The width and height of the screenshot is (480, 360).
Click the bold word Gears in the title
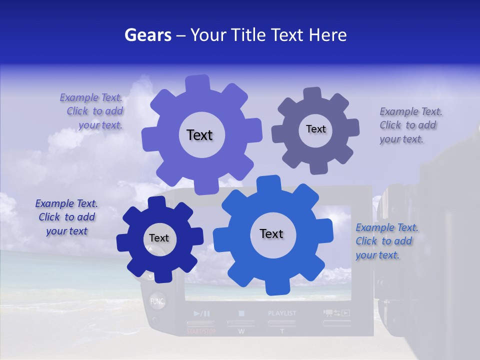point(147,35)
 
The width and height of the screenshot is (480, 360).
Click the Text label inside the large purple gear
point(199,135)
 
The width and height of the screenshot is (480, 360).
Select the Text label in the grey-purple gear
point(315,129)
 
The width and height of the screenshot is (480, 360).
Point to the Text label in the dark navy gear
point(159,238)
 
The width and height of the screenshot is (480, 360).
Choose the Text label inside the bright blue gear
point(271,233)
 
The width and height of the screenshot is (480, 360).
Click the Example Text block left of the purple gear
point(91,111)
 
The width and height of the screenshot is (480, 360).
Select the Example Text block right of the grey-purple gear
point(410,125)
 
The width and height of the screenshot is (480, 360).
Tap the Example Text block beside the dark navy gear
point(66,217)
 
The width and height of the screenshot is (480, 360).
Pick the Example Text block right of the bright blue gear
point(386,241)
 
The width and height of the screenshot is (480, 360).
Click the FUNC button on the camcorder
point(157,301)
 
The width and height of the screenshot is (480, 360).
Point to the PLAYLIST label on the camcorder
point(282,313)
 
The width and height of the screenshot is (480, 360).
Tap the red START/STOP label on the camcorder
point(201,331)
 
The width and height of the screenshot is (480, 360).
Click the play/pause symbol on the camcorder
point(201,313)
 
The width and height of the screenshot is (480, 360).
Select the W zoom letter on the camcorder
point(241,331)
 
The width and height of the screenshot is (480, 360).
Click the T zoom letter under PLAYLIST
point(281,331)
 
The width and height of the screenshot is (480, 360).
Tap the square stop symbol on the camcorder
point(241,313)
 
